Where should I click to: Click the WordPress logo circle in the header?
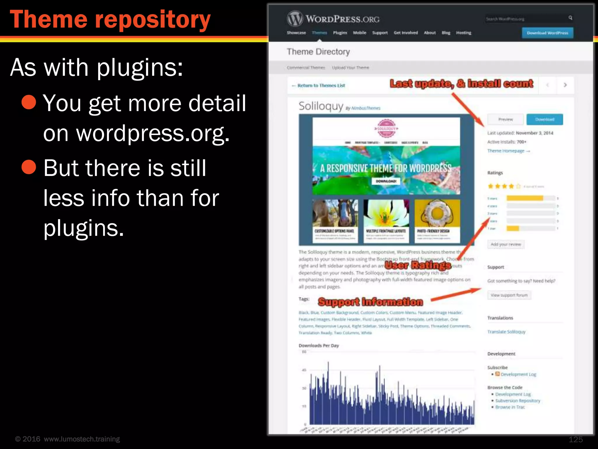[295, 19]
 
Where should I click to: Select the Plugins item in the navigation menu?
[340, 33]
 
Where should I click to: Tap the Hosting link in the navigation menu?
[463, 33]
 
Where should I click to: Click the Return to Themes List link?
[318, 85]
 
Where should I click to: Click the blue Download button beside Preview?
[545, 119]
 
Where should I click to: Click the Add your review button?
[506, 244]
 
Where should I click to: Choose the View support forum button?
[509, 295]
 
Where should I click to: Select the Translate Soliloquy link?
[506, 332]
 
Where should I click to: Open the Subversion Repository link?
[517, 401]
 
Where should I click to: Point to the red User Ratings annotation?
[418, 265]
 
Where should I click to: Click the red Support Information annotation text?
[370, 302]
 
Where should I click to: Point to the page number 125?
[576, 439]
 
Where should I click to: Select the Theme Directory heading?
[318, 52]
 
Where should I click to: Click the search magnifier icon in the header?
[570, 18]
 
